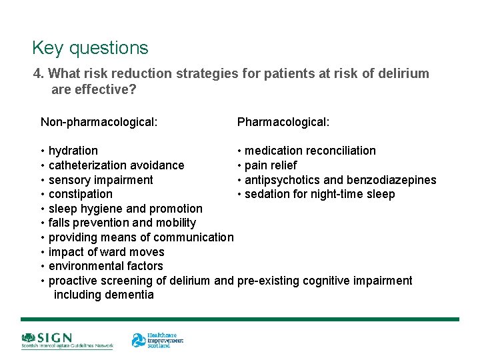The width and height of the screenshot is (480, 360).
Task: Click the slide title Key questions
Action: point(90,48)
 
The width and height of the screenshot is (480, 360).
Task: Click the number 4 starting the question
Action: point(37,73)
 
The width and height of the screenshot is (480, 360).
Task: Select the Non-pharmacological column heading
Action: point(99,122)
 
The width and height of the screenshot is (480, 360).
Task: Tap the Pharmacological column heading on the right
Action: point(283,122)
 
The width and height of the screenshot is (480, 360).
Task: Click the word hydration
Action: point(73,151)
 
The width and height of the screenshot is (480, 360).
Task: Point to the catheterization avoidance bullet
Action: point(116,165)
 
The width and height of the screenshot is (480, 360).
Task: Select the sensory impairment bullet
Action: point(100,180)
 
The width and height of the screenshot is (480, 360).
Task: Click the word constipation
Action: point(80,194)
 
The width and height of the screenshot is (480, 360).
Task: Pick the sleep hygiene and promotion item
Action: point(125,209)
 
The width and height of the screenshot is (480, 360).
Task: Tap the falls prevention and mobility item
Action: point(122,223)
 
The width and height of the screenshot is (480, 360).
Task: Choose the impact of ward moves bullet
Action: point(106,252)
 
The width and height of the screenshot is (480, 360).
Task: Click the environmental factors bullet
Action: point(105,266)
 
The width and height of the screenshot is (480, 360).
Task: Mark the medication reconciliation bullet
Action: point(310,151)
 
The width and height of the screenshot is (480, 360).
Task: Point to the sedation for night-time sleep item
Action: point(319,194)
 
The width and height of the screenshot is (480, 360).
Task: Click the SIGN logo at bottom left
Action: point(67,341)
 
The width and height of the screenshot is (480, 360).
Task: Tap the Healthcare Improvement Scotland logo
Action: point(157,341)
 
